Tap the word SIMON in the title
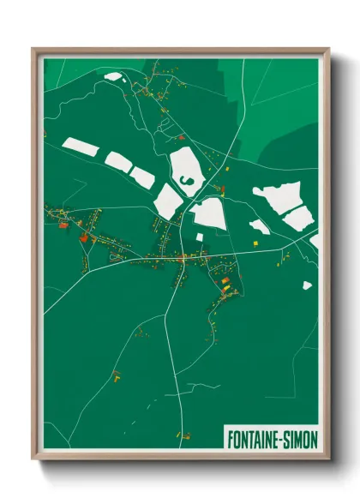[x=299, y=439]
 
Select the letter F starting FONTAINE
[x=230, y=439]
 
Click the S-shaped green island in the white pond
[x=185, y=180]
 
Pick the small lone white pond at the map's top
[x=113, y=77]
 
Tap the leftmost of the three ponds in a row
[x=81, y=147]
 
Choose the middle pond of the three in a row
[x=117, y=160]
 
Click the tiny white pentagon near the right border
[x=307, y=285]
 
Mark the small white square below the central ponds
[x=199, y=237]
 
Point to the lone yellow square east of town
[x=255, y=244]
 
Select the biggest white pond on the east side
[x=279, y=200]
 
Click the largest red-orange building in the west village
[x=84, y=238]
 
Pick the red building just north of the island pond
[x=181, y=136]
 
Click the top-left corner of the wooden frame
[x=33, y=49]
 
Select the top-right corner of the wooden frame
[x=327, y=49]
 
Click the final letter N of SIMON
[x=313, y=439]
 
